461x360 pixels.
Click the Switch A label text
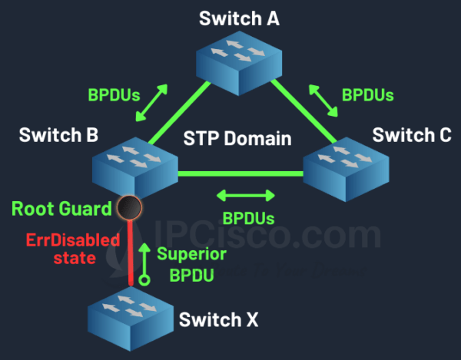[239, 18]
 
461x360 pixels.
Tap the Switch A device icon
[239, 64]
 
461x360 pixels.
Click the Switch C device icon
[346, 169]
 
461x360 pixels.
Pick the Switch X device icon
[131, 319]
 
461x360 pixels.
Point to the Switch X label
[218, 319]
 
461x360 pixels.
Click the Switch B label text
[58, 135]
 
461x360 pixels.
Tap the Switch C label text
[412, 135]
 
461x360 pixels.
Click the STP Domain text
[237, 138]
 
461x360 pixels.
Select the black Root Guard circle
[129, 207]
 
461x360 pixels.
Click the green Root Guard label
[61, 209]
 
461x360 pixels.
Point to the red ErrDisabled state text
[73, 249]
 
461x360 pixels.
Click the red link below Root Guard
[131, 253]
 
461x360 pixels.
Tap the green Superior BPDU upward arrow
[144, 264]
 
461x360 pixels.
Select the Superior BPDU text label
[191, 264]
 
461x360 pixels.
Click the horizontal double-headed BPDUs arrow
[246, 196]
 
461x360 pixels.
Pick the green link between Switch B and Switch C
[240, 173]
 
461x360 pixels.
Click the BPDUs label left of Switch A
[114, 95]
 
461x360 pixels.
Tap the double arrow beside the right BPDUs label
[323, 101]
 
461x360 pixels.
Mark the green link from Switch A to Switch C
[303, 111]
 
